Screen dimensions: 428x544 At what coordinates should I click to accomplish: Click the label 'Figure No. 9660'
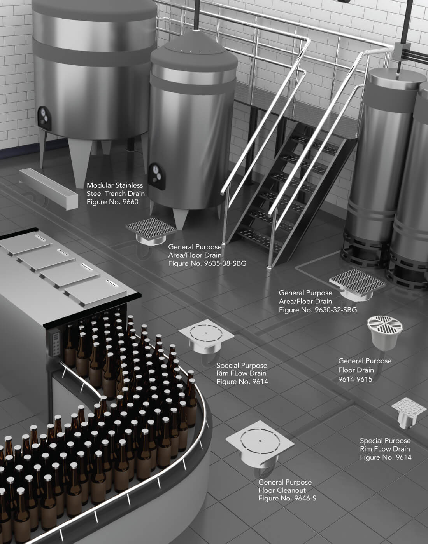click(x=112, y=202)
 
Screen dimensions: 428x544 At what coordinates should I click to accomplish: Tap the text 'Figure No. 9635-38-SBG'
click(x=207, y=263)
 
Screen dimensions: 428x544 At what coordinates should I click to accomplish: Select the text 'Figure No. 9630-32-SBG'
click(x=318, y=310)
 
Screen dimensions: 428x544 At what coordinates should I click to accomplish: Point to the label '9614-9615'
click(x=355, y=379)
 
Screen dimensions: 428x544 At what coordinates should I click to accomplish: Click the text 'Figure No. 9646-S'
click(x=287, y=498)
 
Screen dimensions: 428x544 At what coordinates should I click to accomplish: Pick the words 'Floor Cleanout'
click(x=282, y=490)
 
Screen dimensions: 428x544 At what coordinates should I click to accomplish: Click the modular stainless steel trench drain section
click(x=49, y=189)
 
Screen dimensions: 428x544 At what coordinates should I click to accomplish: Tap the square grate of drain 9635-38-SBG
click(x=151, y=229)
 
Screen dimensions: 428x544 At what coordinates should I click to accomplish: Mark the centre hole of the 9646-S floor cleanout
click(x=260, y=441)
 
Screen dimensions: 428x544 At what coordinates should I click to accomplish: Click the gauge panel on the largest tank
click(x=44, y=118)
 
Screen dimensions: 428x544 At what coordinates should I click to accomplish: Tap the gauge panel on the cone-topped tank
click(x=157, y=176)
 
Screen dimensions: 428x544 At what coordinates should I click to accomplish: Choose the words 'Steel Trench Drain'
click(x=116, y=193)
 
